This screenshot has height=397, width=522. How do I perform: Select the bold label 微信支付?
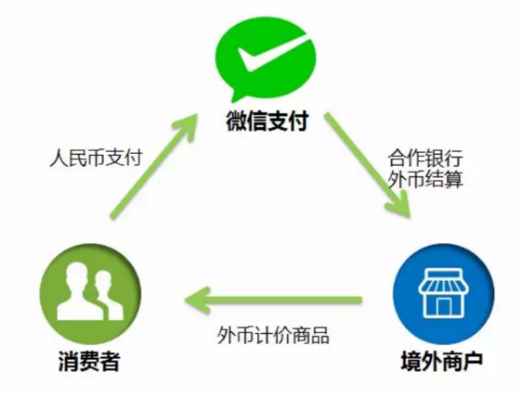click(x=267, y=122)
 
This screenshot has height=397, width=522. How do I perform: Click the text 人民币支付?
click(x=97, y=158)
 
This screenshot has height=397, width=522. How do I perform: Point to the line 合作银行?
click(x=425, y=158)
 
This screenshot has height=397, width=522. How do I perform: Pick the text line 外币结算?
click(x=425, y=179)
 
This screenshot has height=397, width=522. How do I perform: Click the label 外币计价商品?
click(x=273, y=335)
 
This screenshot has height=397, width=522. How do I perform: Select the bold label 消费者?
click(x=89, y=362)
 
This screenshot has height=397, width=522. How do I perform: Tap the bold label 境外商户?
click(x=442, y=362)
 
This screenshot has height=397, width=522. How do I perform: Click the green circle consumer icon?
click(x=90, y=294)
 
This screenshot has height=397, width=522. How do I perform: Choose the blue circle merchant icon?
click(x=443, y=294)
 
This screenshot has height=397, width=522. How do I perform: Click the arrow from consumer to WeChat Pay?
click(x=154, y=166)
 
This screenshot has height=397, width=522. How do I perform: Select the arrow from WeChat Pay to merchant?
click(x=368, y=165)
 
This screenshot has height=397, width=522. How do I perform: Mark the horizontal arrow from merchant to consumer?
click(x=273, y=301)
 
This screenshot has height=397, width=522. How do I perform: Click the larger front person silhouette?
click(x=79, y=292)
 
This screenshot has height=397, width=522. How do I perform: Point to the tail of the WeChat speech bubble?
click(x=236, y=96)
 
